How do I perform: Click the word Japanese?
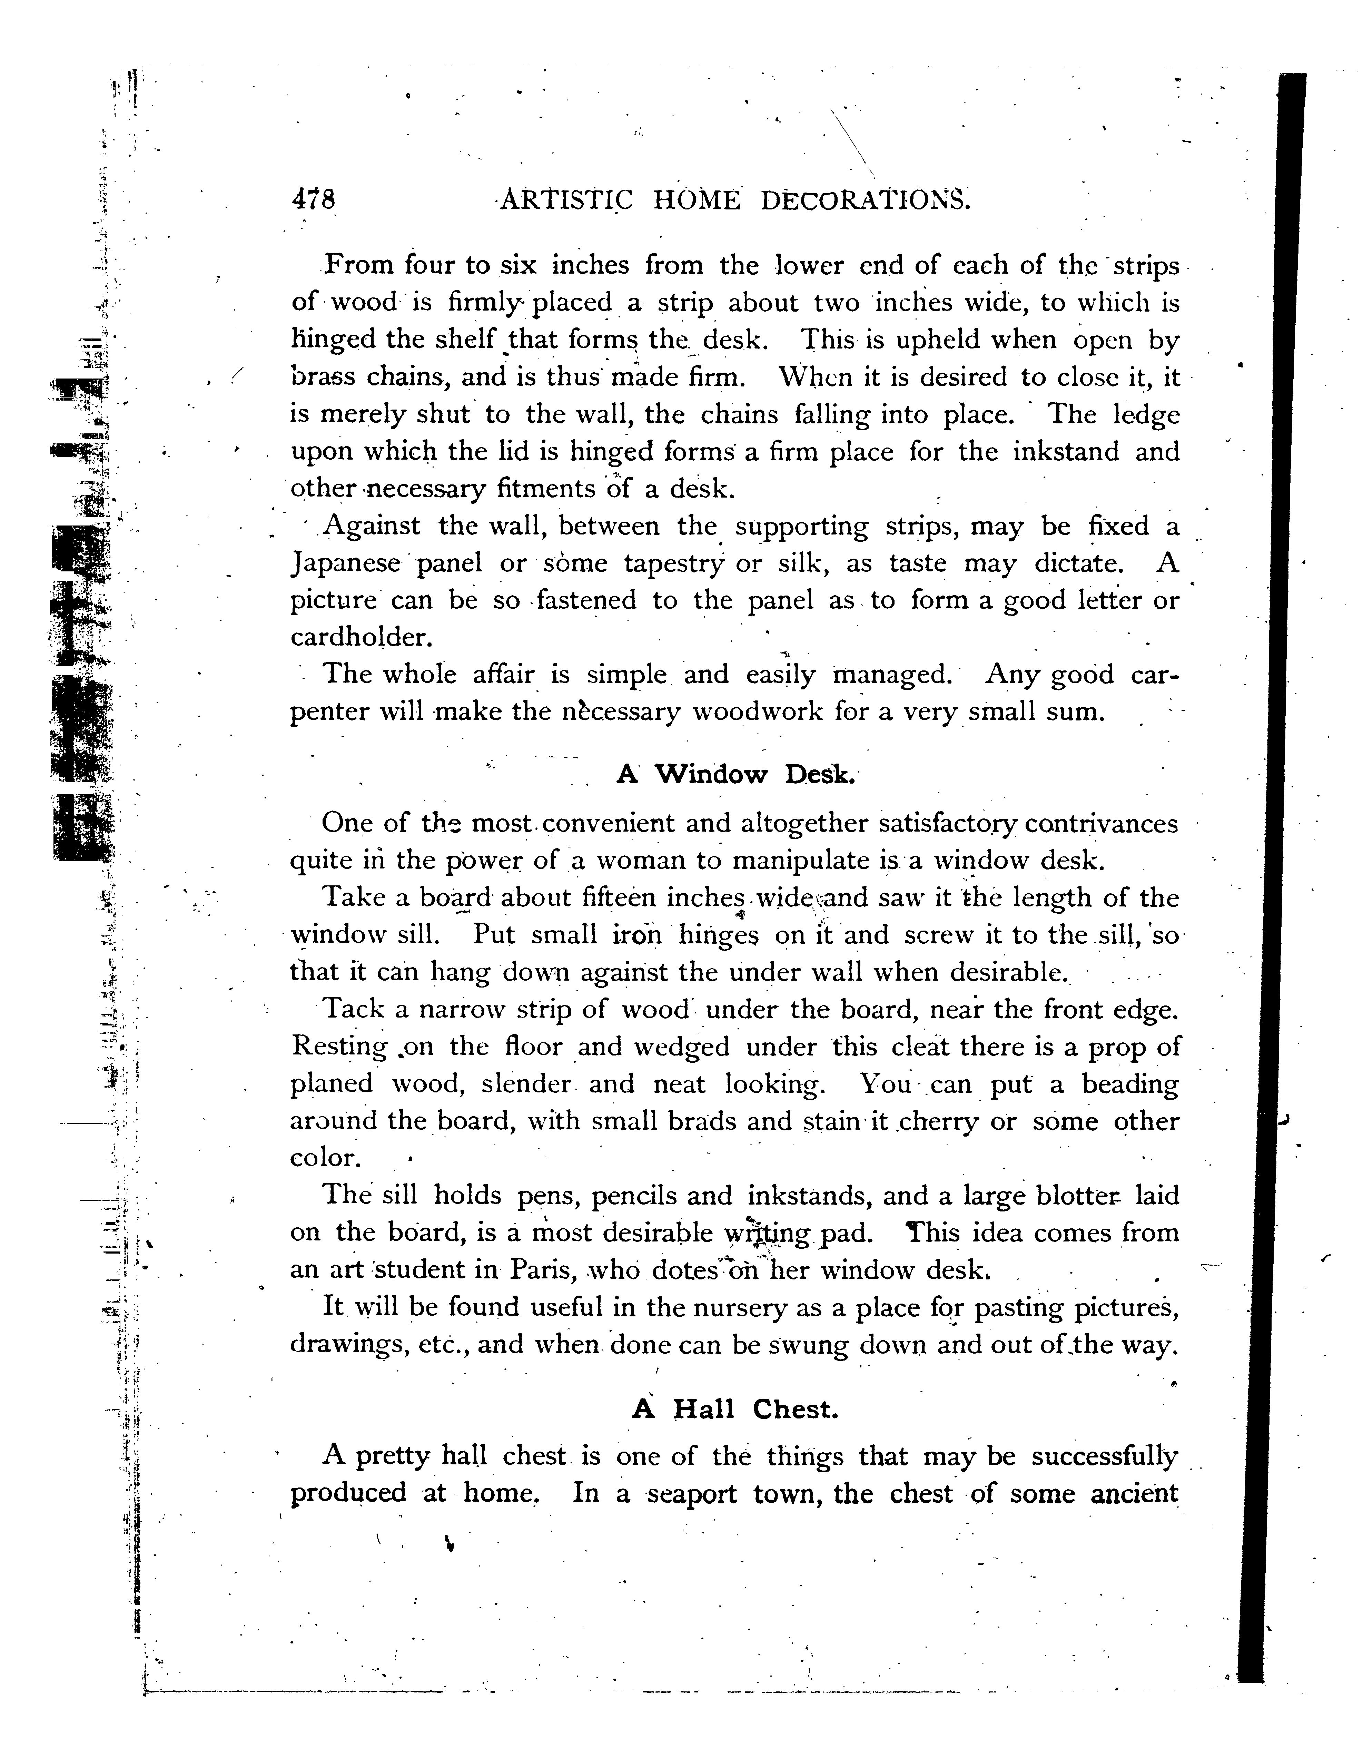tap(343, 563)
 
